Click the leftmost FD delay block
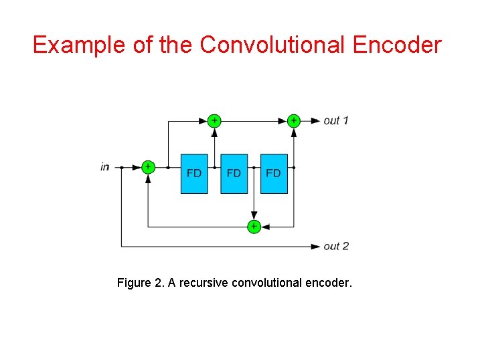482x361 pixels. point(194,174)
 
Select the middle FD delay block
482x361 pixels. point(234,174)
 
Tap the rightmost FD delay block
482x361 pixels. point(273,174)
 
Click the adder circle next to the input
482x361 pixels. point(148,167)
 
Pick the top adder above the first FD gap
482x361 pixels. point(214,120)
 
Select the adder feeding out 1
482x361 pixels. point(293,120)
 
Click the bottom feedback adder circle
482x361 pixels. point(254,227)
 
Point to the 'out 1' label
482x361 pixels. point(336,121)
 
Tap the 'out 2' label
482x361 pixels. point(336,247)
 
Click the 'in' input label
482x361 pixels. point(104,167)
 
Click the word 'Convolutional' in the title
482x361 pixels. point(270,45)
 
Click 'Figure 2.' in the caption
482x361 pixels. point(141,283)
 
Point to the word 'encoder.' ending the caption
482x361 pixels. point(328,283)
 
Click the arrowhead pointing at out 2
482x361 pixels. point(316,246)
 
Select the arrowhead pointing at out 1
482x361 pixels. point(316,121)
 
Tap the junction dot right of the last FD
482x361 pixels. point(294,167)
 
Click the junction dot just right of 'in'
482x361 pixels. point(121,167)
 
